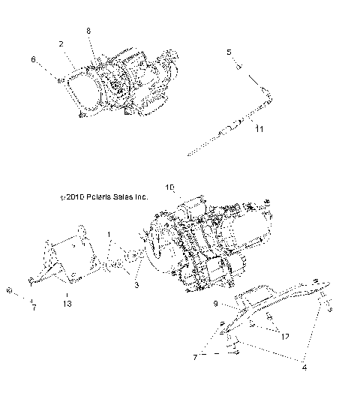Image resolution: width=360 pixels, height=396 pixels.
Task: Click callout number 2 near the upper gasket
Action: [x=60, y=44]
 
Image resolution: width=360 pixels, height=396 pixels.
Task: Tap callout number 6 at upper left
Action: [x=32, y=58]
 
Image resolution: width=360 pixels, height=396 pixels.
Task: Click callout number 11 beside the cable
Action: [x=259, y=130]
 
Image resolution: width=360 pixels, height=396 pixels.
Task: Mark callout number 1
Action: [x=109, y=235]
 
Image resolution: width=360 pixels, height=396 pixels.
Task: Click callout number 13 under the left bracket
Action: [x=68, y=304]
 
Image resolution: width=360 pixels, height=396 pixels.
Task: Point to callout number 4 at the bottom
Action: [x=304, y=367]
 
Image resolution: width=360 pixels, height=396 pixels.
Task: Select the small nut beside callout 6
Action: [x=59, y=78]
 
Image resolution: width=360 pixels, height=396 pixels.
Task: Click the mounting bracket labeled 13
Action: [x=67, y=262]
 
